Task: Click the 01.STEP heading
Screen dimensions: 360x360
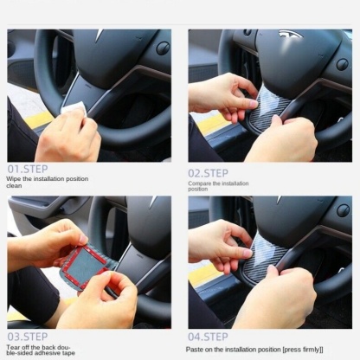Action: coord(28,169)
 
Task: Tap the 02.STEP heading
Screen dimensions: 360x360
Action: coord(208,173)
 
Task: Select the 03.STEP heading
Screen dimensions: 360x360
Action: coord(28,337)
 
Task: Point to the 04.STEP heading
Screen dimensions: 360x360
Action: coord(208,337)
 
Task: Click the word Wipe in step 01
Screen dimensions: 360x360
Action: coord(14,179)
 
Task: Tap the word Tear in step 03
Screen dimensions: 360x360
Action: coord(13,347)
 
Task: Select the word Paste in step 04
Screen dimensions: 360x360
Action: coord(195,350)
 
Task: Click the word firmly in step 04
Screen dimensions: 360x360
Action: coord(311,350)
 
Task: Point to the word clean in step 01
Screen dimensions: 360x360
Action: coord(14,186)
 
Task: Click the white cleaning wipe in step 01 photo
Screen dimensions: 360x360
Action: coord(74,109)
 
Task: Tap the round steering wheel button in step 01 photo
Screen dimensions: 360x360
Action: coord(163,48)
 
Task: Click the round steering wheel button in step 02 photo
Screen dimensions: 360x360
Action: coord(343,64)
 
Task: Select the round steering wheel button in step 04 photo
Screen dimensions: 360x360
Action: coord(344,210)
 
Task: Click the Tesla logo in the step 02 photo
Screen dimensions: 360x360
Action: coord(291,34)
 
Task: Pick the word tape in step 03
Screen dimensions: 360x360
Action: coord(67,353)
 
